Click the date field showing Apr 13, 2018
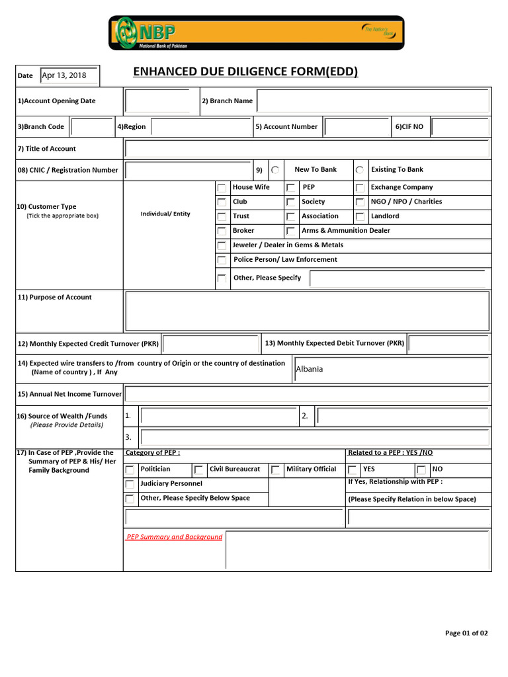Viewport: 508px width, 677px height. (69, 75)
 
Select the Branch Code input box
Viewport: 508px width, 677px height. (91, 126)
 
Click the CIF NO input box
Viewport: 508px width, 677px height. (460, 126)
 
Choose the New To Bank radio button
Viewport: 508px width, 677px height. (275, 170)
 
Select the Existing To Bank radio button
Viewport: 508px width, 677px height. (359, 170)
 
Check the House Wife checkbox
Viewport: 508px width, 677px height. (222, 188)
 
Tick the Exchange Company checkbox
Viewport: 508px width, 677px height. (359, 188)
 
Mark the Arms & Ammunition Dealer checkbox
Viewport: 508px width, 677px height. (290, 231)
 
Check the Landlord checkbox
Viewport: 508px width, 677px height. (359, 217)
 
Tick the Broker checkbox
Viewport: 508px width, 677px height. (222, 231)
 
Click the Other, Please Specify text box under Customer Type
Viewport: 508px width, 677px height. (400, 278)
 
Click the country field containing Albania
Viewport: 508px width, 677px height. (392, 370)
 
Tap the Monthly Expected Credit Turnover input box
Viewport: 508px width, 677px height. (211, 344)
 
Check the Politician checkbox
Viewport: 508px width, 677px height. (130, 470)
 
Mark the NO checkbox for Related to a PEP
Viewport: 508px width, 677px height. (421, 470)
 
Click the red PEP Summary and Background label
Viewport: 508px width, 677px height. (174, 537)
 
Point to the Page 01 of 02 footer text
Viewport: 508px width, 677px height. (466, 633)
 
